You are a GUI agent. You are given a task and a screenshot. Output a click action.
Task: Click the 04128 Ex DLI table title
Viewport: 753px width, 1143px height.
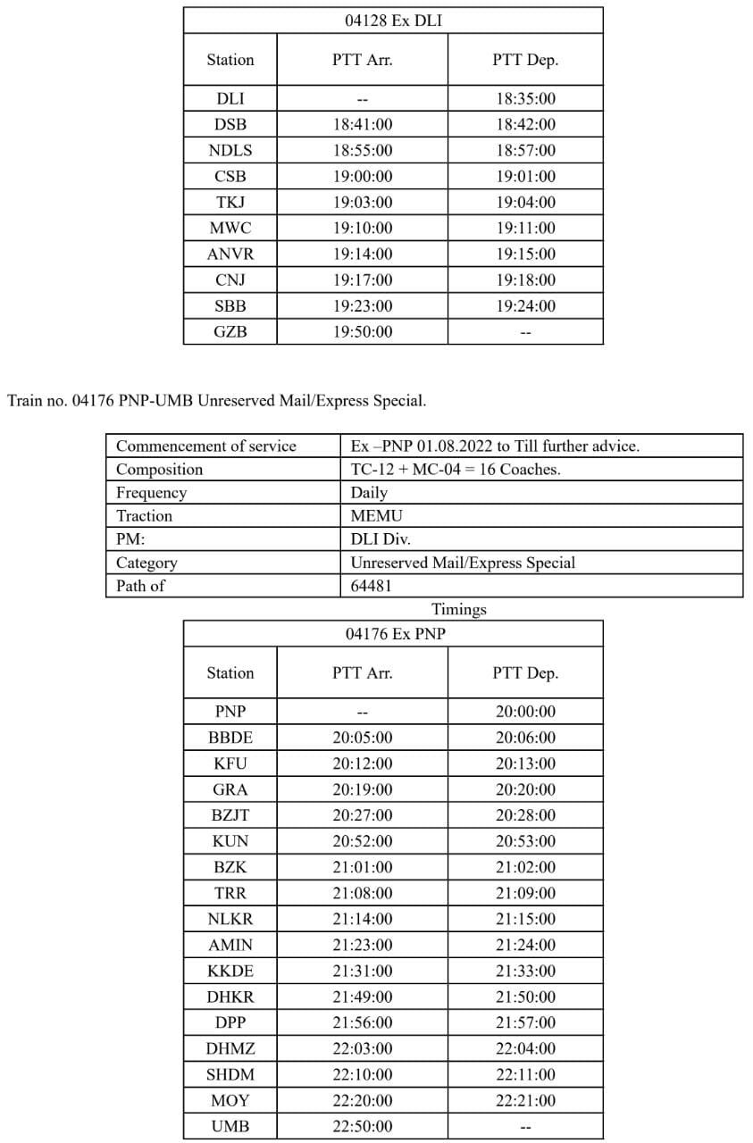(393, 21)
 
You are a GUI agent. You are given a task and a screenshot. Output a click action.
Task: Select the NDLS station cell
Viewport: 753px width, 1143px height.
(230, 150)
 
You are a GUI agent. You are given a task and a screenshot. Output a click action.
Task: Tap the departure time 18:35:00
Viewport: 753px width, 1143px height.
(525, 98)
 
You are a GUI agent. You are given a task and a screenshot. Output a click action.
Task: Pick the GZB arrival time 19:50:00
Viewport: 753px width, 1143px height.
(362, 332)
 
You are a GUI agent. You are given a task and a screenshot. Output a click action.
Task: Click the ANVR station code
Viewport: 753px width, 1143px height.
(230, 254)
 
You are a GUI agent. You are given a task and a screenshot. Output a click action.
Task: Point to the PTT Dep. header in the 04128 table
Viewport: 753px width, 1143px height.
(525, 60)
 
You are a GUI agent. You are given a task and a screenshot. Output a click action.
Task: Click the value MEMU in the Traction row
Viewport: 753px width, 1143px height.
(376, 516)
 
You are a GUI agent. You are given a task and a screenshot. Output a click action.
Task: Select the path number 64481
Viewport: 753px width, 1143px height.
(371, 586)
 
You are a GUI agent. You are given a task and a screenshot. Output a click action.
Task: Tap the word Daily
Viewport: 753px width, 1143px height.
(369, 493)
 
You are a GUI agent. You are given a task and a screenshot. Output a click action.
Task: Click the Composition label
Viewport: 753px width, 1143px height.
(160, 470)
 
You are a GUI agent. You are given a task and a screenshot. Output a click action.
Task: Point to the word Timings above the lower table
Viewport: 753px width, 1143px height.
(459, 610)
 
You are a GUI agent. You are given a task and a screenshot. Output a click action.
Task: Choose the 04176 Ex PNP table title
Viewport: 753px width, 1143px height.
(393, 634)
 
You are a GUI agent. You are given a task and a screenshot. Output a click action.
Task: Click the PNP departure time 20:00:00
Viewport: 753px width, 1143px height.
(525, 712)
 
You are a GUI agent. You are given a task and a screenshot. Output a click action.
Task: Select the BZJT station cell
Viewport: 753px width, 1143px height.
(230, 815)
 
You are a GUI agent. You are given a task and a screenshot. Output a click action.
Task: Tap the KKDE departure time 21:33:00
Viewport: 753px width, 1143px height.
(525, 971)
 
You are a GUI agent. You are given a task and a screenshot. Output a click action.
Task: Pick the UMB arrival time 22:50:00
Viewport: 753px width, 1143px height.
(362, 1127)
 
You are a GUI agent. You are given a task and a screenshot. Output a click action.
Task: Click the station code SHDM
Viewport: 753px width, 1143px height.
(230, 1075)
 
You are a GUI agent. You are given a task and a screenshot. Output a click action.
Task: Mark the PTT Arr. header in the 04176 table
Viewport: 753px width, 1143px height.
(362, 673)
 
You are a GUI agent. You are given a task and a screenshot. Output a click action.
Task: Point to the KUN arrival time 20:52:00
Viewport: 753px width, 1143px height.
(362, 841)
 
